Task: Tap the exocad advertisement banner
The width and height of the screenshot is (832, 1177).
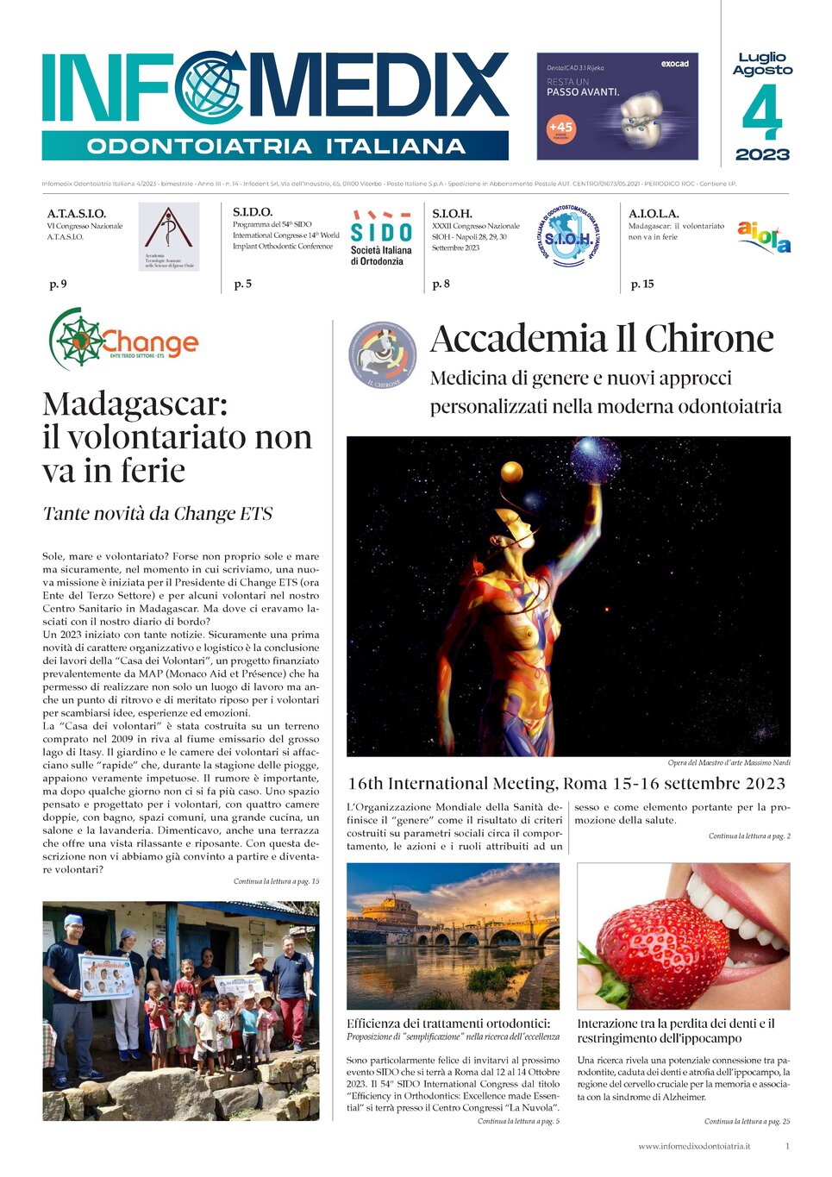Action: tap(617, 106)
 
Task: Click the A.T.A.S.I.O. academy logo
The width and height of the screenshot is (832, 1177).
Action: tap(169, 236)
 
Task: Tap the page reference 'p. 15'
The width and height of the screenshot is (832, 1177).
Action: tap(642, 284)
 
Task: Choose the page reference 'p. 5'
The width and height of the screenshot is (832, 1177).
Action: tap(243, 284)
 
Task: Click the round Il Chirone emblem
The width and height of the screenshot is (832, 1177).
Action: tap(383, 354)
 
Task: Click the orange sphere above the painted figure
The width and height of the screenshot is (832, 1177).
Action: tap(512, 472)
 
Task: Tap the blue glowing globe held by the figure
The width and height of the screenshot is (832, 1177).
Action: tap(597, 458)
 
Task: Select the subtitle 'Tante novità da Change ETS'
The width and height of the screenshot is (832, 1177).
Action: tap(158, 514)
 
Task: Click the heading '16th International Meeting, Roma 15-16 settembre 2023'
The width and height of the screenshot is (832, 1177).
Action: tap(566, 784)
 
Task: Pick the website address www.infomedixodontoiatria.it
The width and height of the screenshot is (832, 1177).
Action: tap(694, 1146)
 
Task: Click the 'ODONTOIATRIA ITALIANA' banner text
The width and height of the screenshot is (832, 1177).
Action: tap(276, 147)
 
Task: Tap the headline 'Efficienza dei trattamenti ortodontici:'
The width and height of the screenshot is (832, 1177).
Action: tap(448, 1024)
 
